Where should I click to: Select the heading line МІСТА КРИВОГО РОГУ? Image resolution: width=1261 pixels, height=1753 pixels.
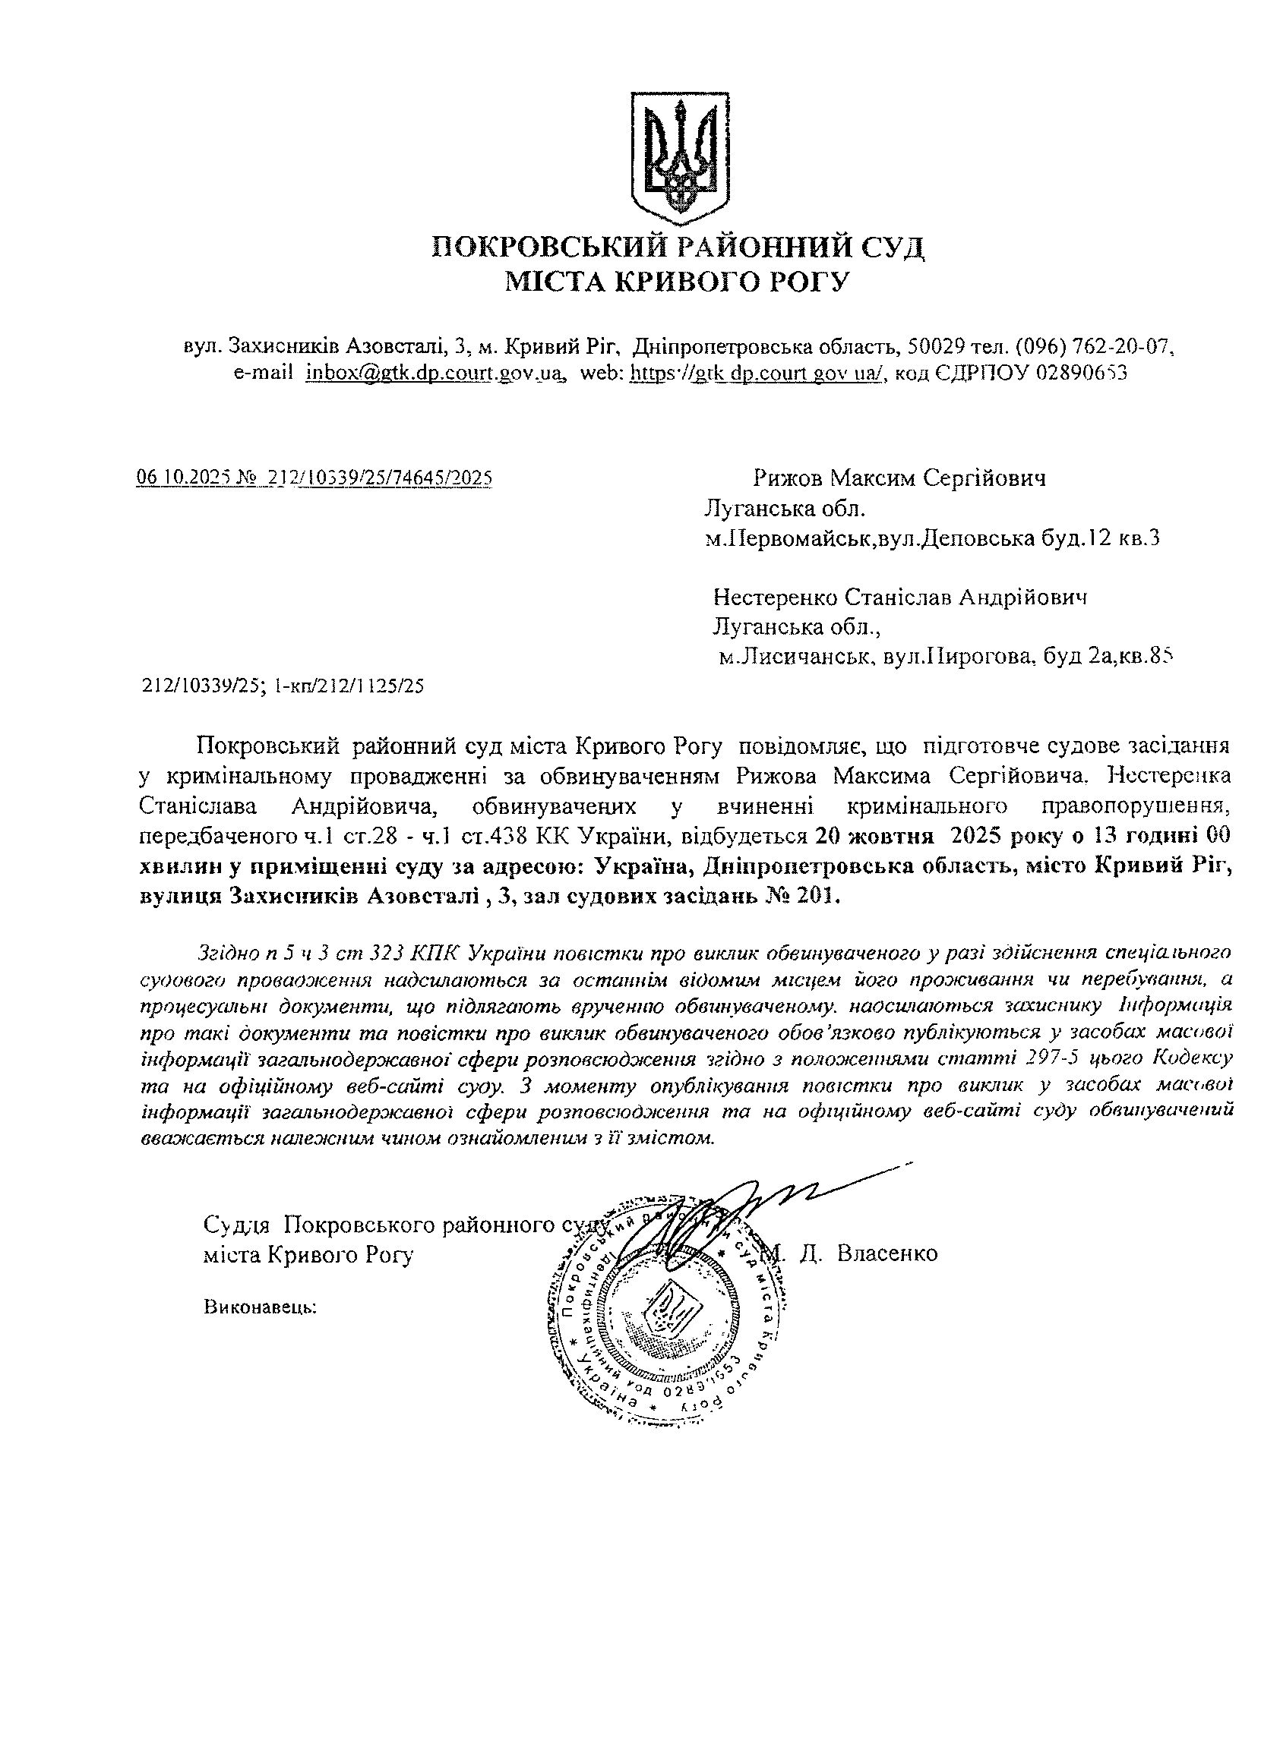678,282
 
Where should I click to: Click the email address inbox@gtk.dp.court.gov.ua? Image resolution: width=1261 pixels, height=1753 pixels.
433,373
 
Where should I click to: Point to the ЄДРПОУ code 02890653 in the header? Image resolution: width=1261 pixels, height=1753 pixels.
1081,373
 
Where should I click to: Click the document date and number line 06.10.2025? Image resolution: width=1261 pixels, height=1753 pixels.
314,478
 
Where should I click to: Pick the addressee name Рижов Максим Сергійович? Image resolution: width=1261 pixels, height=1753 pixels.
899,478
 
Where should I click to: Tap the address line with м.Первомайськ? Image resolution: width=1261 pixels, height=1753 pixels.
931,538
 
